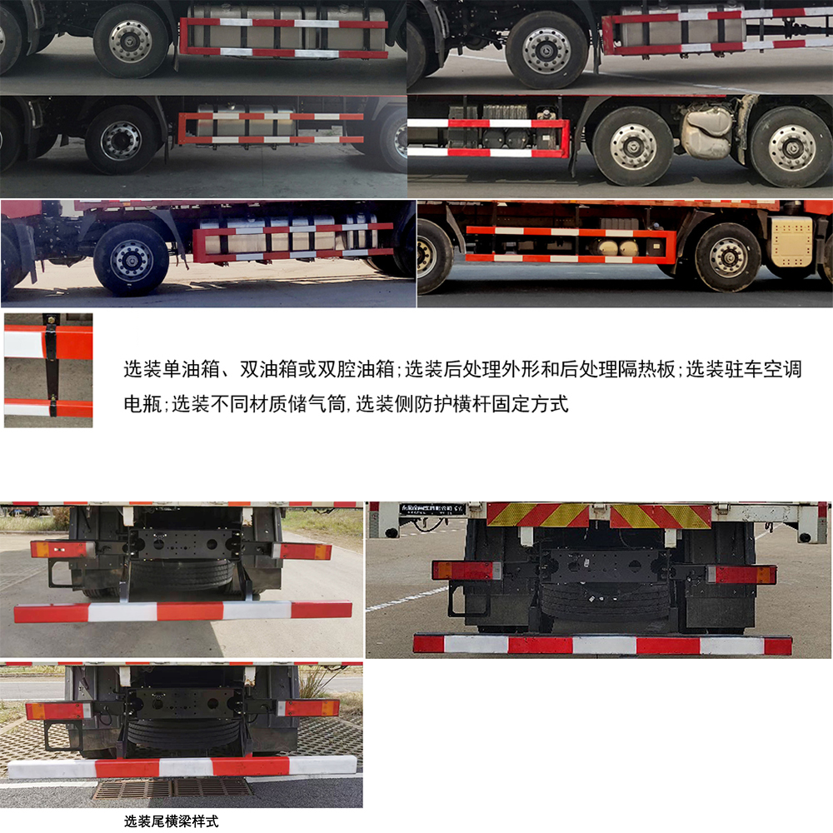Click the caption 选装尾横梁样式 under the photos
[x=172, y=821]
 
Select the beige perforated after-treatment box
[x=790, y=242]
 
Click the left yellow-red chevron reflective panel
[x=538, y=515]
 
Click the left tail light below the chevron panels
[x=466, y=571]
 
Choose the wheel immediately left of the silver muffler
[x=632, y=147]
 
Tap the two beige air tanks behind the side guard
[x=616, y=247]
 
